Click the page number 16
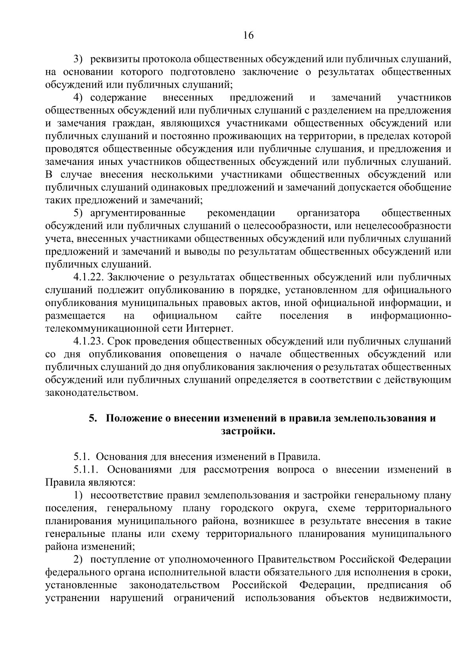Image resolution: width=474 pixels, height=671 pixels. tap(248, 35)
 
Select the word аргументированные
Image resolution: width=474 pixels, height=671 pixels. tap(138, 213)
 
